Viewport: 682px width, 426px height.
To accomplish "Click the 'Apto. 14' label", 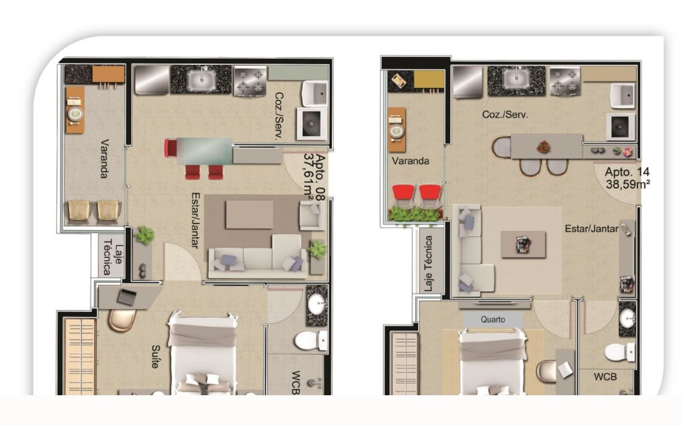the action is (x=627, y=172).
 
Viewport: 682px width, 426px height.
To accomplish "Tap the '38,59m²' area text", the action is (x=628, y=185).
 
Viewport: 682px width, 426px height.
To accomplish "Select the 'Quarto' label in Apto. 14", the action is (x=493, y=319).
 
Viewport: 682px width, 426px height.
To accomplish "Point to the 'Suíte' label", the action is (x=155, y=356).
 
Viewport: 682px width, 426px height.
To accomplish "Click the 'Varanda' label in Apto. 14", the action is (x=411, y=160).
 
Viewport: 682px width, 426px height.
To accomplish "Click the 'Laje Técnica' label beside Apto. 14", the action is (x=428, y=264).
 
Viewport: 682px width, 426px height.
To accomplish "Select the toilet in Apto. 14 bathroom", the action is (x=620, y=352).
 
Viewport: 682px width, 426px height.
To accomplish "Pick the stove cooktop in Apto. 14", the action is (x=565, y=80).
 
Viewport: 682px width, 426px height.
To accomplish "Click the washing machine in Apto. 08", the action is (x=312, y=124).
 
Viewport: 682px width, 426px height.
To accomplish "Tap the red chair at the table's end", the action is (x=170, y=148).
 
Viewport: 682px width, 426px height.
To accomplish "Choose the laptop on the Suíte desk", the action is (x=126, y=297).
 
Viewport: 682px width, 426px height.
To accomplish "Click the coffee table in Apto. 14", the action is (x=523, y=244).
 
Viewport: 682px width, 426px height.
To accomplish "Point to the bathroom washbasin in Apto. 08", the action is (x=317, y=304).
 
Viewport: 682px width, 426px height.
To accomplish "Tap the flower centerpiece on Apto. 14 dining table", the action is (x=544, y=147).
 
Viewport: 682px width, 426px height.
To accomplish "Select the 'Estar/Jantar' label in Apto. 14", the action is (x=592, y=229).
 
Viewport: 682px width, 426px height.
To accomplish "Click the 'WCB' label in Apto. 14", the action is (x=605, y=377).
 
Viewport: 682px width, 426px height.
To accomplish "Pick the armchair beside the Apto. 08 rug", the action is (x=312, y=215).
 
